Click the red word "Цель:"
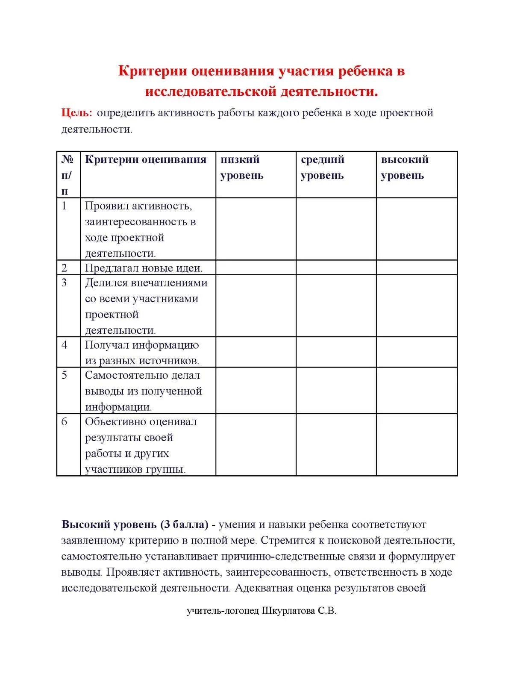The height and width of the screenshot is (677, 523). point(76,113)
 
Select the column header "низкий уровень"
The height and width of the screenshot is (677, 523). point(241,168)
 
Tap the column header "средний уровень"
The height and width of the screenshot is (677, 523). point(322,168)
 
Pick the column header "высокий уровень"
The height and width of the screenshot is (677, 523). point(404,168)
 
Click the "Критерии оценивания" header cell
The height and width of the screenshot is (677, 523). point(146,160)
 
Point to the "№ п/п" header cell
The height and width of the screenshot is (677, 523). point(67,175)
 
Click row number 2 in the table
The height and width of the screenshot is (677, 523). point(65,268)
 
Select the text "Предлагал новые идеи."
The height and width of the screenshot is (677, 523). point(144,268)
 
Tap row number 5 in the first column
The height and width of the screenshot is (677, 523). point(65,375)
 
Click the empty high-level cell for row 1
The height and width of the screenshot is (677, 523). point(417,229)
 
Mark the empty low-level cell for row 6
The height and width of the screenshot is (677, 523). point(256,444)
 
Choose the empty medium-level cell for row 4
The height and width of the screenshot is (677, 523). point(336,352)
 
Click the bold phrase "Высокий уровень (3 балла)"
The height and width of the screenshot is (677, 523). point(135,524)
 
